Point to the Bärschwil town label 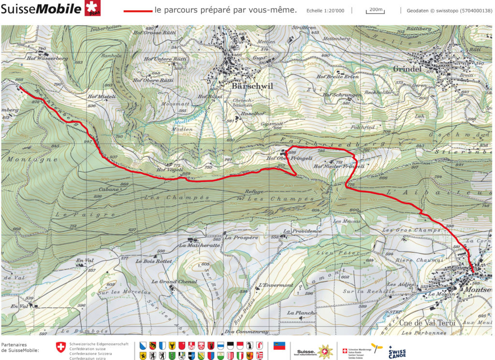tap(252, 86)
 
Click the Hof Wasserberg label tap(47, 59)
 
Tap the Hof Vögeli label tap(169, 170)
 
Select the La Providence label tap(302, 231)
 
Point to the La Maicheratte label tap(199, 245)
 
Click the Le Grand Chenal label tap(174, 282)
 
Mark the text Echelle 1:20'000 tap(325, 11)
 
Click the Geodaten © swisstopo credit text tap(449, 10)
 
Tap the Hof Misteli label tap(102, 96)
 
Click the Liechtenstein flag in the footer tap(279, 346)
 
